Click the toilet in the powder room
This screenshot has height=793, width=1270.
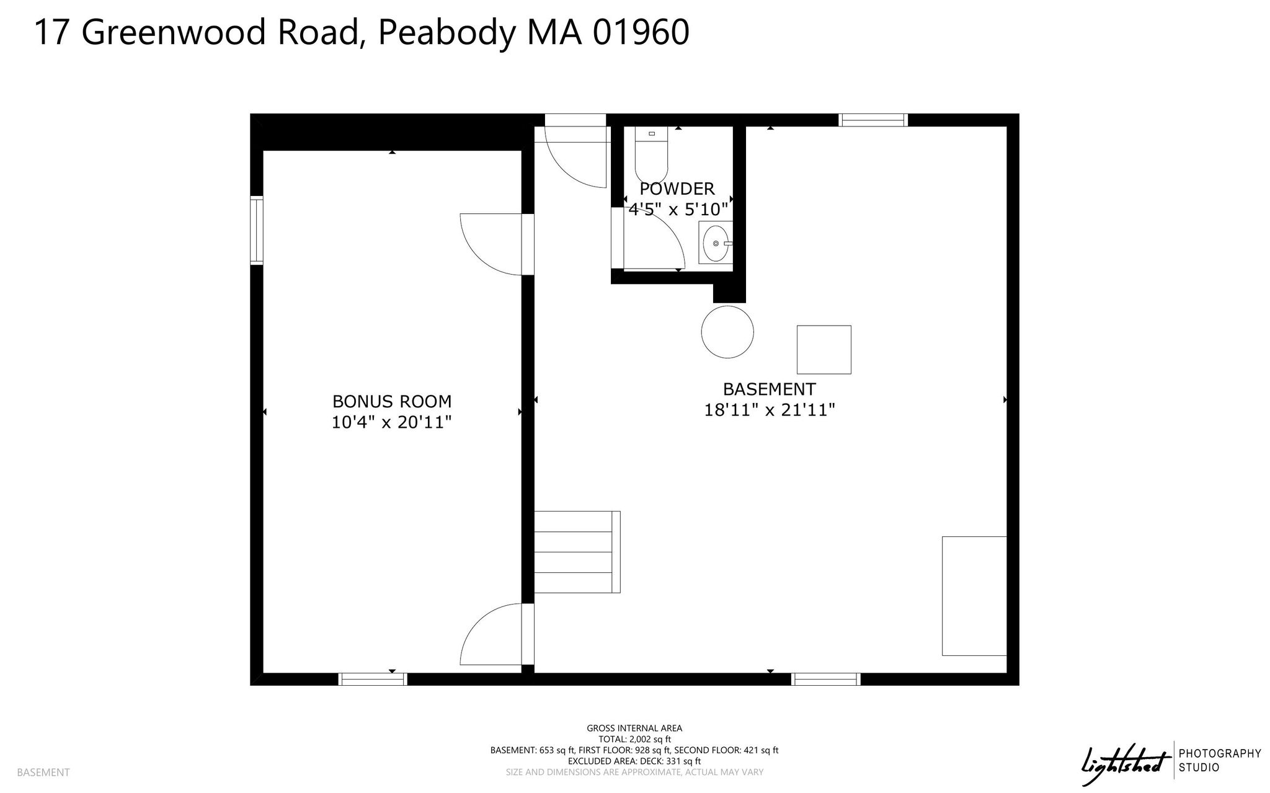click(x=651, y=154)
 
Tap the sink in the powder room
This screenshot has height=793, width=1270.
click(x=716, y=242)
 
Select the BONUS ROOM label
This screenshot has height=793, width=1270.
click(x=392, y=401)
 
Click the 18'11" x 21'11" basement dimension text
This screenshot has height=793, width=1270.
click(x=770, y=410)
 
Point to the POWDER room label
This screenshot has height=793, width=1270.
click(x=677, y=188)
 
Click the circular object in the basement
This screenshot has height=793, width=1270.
click(x=727, y=332)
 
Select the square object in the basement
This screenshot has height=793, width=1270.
click(x=824, y=350)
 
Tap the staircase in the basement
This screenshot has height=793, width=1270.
click(x=577, y=552)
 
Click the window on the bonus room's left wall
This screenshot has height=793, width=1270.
click(x=257, y=231)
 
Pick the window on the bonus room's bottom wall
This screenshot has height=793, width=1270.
click(x=373, y=679)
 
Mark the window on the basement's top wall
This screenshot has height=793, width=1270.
click(x=873, y=120)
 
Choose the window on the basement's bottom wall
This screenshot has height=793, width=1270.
click(x=826, y=679)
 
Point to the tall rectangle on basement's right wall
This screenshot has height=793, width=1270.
click(x=974, y=596)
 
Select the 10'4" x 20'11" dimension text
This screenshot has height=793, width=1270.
click(x=392, y=422)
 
